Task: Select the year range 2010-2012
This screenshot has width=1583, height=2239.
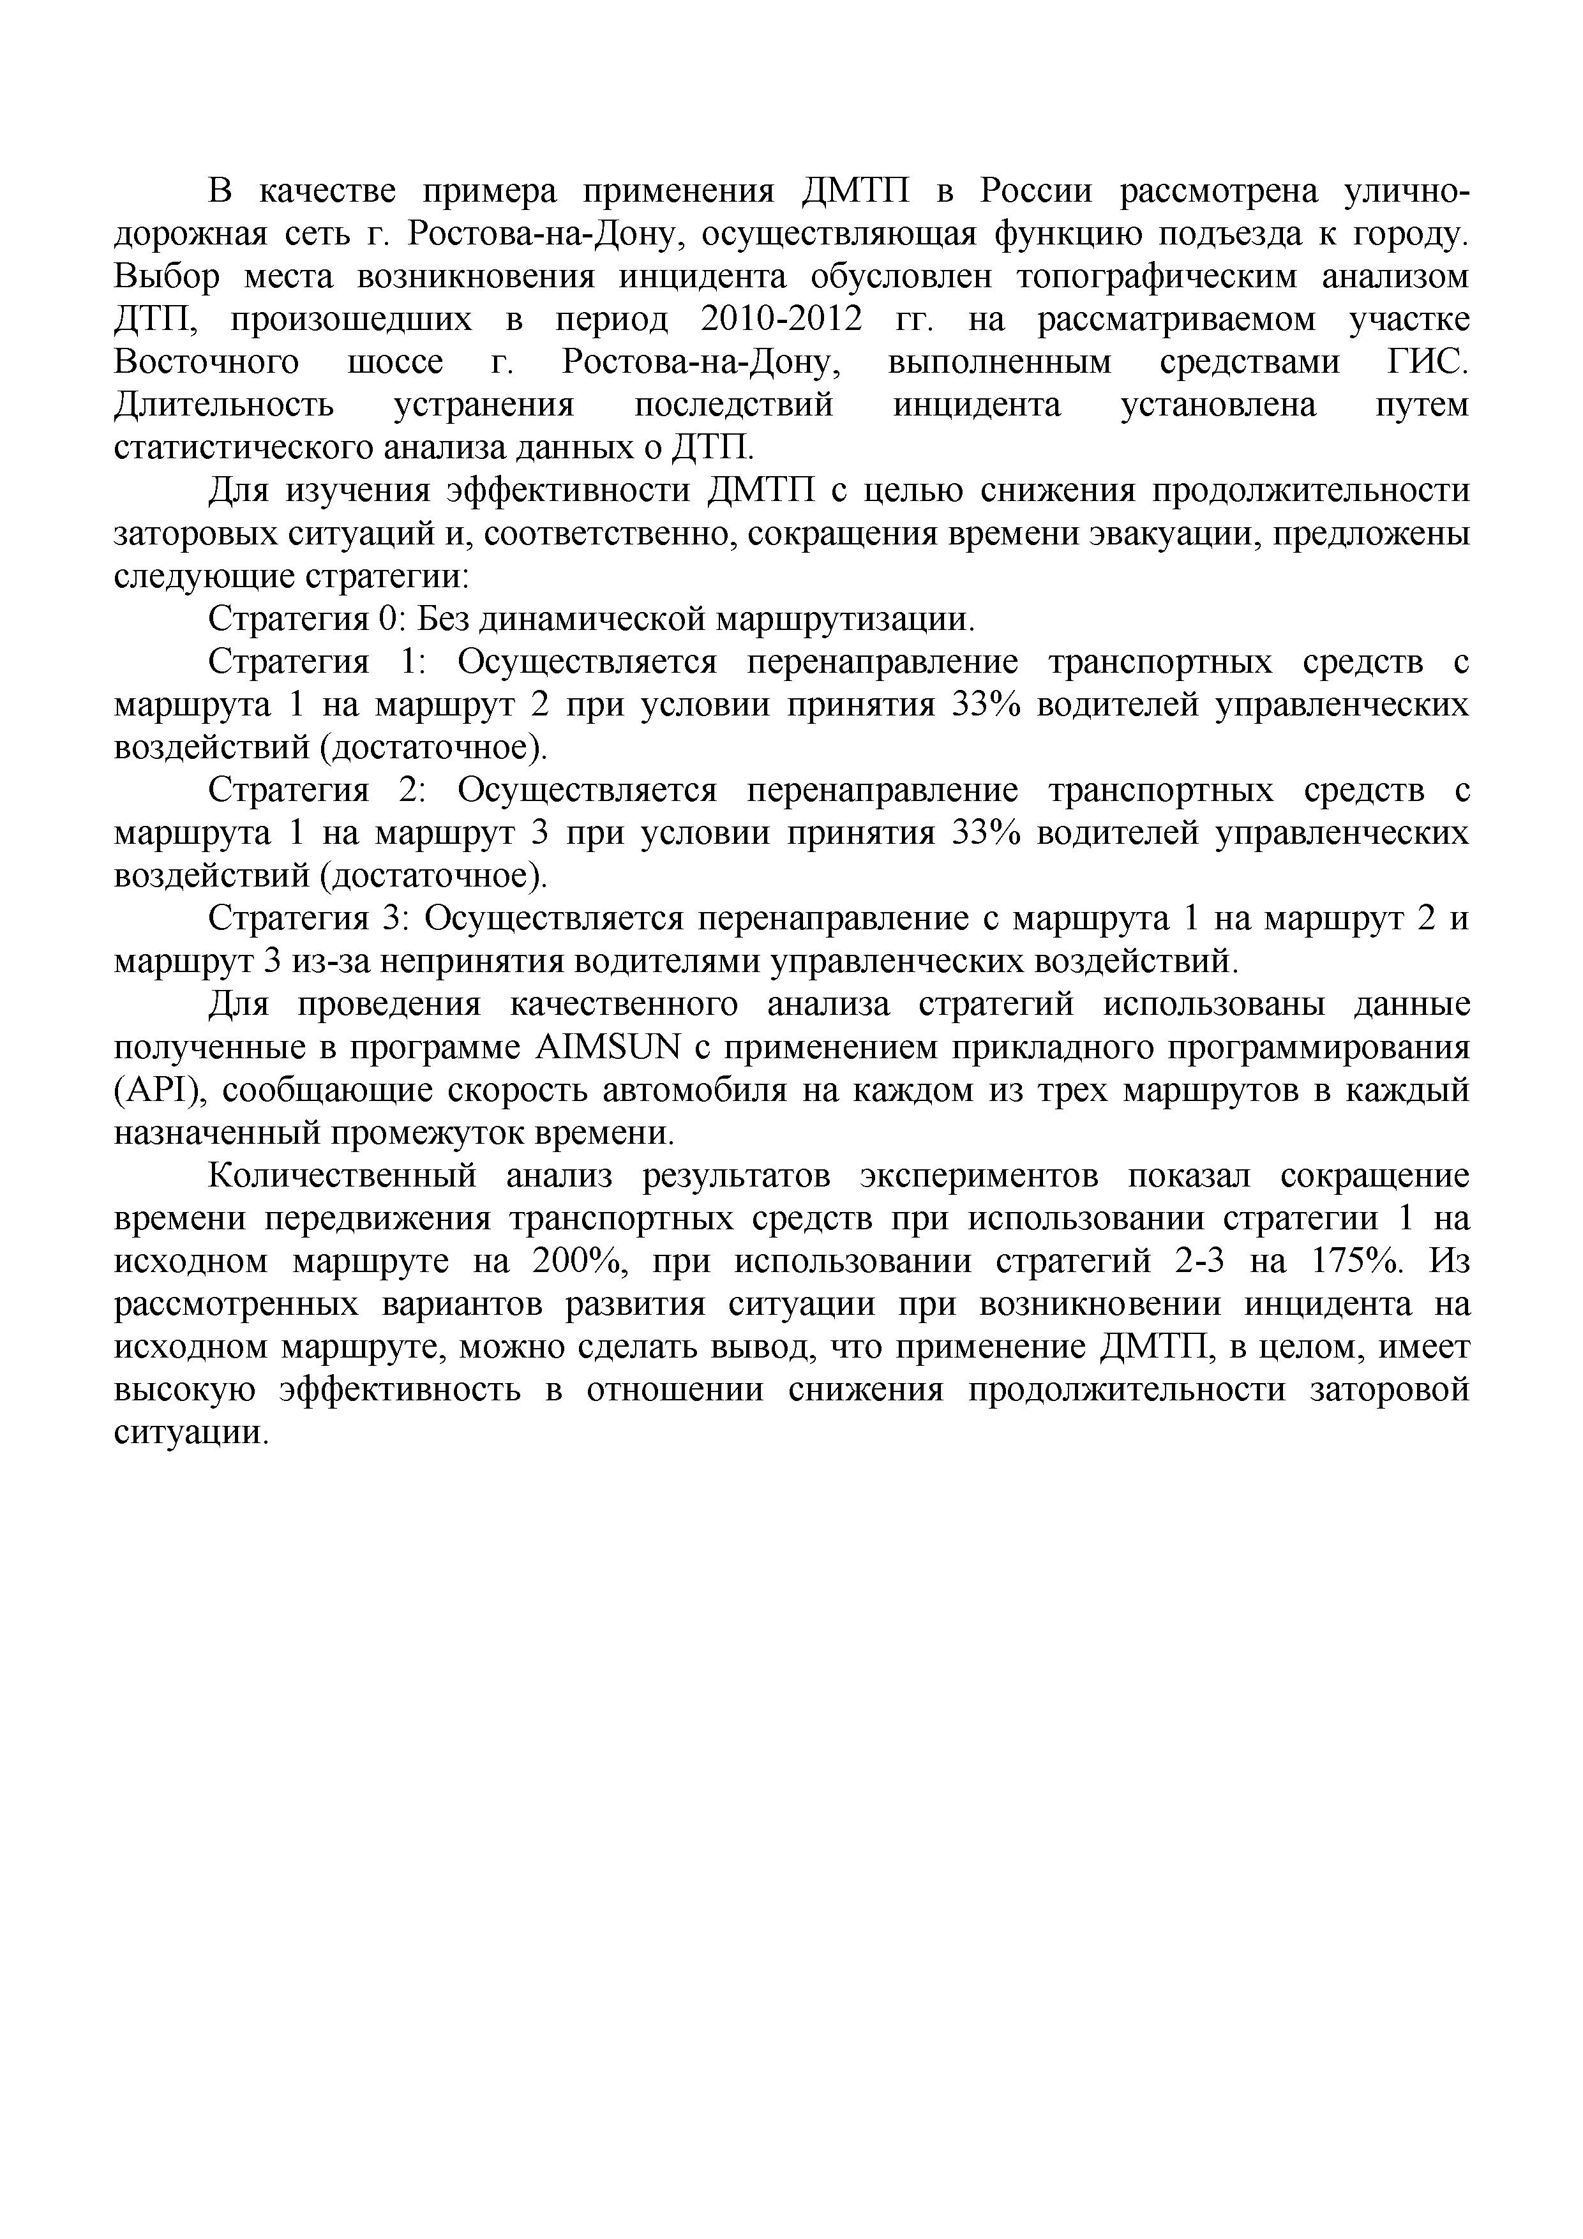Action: tap(782, 320)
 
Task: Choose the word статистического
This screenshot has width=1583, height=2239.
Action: tap(242, 447)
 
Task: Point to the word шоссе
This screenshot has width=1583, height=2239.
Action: tap(395, 363)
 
